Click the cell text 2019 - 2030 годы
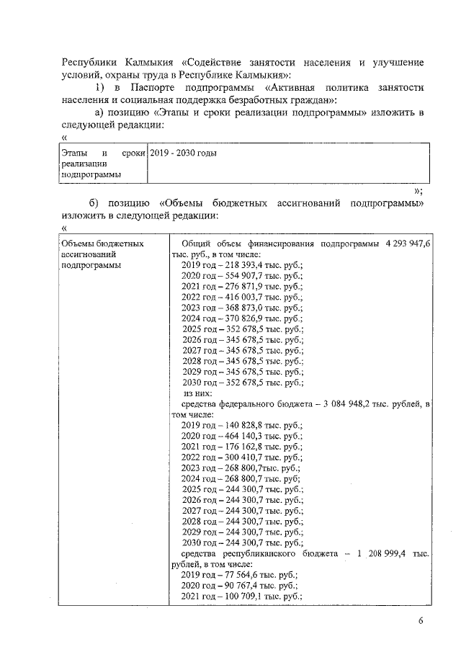[184, 153]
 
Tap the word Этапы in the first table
[75, 153]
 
